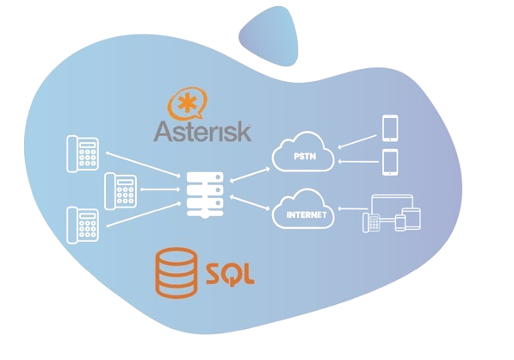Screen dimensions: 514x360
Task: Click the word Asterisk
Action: (202, 132)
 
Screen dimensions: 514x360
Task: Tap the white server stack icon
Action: (205, 196)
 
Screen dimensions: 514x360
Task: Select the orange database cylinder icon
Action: (176, 273)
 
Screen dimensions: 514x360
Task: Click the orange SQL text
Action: (230, 274)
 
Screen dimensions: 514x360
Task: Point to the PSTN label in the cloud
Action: (305, 157)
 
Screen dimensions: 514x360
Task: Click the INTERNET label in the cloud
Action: (307, 214)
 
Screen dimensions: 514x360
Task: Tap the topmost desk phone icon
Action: (83, 154)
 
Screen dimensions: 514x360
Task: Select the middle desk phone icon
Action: (121, 191)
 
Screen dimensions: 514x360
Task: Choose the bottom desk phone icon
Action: (83, 226)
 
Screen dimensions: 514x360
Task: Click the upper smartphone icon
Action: (390, 128)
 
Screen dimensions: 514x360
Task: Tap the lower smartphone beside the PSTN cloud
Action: (390, 162)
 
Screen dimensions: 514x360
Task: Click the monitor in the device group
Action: (392, 208)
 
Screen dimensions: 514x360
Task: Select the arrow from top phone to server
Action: (143, 164)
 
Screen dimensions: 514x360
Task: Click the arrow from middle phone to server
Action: (160, 189)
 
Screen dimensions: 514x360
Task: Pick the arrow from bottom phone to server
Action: (144, 214)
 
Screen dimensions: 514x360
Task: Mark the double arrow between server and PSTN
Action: (250, 175)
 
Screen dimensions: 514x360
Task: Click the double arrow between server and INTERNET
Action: (250, 202)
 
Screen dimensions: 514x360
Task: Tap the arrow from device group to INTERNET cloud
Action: (353, 208)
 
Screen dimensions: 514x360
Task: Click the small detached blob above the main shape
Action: (269, 35)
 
